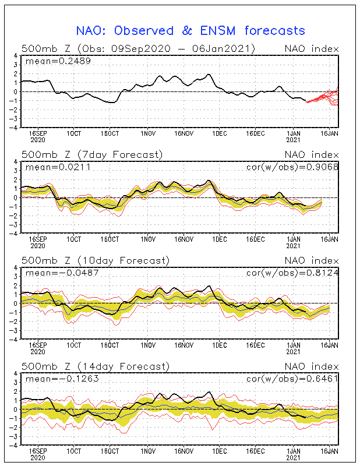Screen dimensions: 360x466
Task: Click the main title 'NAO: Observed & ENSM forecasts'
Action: point(190,31)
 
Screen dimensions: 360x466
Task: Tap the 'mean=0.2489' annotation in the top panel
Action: point(58,61)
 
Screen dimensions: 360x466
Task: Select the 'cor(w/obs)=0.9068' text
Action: point(292,167)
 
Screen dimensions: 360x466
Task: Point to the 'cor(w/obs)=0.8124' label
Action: point(292,273)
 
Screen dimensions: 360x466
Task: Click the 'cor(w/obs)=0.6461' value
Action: point(292,379)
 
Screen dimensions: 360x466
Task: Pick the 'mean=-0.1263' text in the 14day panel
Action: point(62,379)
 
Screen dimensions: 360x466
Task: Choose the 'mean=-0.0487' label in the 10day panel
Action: point(62,273)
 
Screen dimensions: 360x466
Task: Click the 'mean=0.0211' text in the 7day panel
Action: point(58,167)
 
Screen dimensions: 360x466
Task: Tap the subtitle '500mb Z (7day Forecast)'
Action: point(92,155)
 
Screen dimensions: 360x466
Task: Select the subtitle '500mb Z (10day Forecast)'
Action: point(96,260)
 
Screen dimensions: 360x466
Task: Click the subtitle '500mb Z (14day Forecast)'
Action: point(96,366)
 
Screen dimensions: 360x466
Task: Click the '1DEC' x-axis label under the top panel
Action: point(220,134)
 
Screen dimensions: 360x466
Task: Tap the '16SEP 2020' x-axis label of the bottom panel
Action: point(38,454)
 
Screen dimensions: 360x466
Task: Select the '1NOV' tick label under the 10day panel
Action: point(148,345)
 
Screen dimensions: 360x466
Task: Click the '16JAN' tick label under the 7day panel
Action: point(329,239)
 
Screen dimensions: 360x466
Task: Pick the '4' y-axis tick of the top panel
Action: point(16,56)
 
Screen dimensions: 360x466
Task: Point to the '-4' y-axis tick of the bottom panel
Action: point(14,446)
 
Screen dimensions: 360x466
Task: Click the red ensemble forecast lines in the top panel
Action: point(323,97)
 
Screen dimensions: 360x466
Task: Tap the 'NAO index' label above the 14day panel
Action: point(312,366)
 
